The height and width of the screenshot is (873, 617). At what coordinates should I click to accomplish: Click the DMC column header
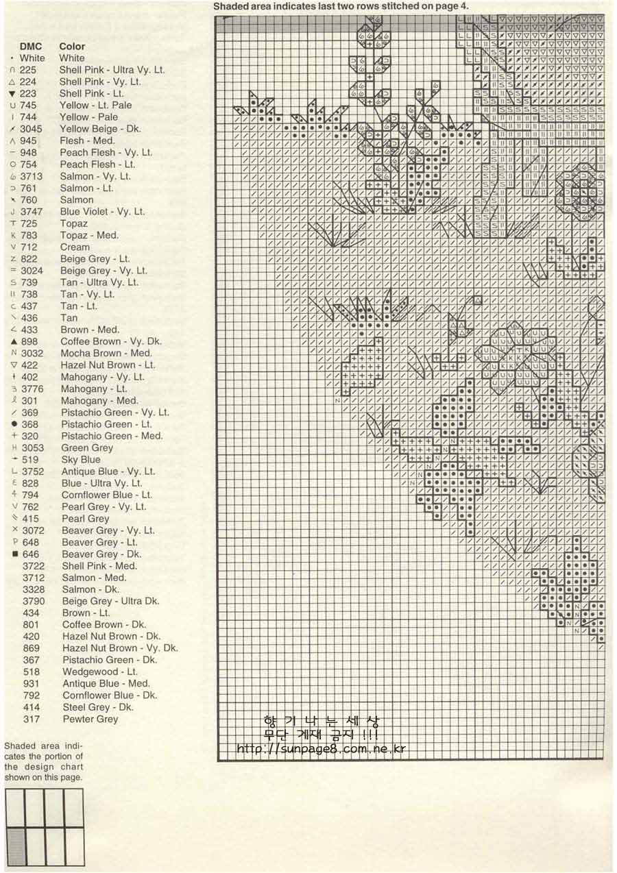coord(31,47)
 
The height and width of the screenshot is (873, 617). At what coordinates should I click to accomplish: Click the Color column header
coord(72,47)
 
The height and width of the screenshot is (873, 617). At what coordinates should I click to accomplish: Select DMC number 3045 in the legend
coord(31,129)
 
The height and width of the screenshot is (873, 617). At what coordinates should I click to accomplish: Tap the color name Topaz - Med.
coord(89,235)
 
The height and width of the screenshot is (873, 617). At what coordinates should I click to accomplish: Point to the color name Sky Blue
coord(81,460)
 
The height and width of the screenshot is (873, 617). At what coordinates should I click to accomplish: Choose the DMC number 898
coord(30,341)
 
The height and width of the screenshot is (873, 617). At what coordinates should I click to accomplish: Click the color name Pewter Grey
coord(90,719)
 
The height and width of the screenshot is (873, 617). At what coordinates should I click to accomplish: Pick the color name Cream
coord(75,247)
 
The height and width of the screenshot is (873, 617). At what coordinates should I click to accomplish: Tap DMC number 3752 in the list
coord(33,471)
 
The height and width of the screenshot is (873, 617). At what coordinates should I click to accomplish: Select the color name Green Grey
coord(87,447)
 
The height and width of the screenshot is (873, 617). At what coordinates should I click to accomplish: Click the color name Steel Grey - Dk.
coord(98,707)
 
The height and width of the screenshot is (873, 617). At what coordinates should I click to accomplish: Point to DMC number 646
coord(31,554)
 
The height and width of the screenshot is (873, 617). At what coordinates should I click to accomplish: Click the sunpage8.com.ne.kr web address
coord(322,749)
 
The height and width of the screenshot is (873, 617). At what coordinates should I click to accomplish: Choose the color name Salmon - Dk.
coord(90,589)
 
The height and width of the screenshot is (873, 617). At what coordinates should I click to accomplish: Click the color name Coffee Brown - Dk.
coord(104,624)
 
